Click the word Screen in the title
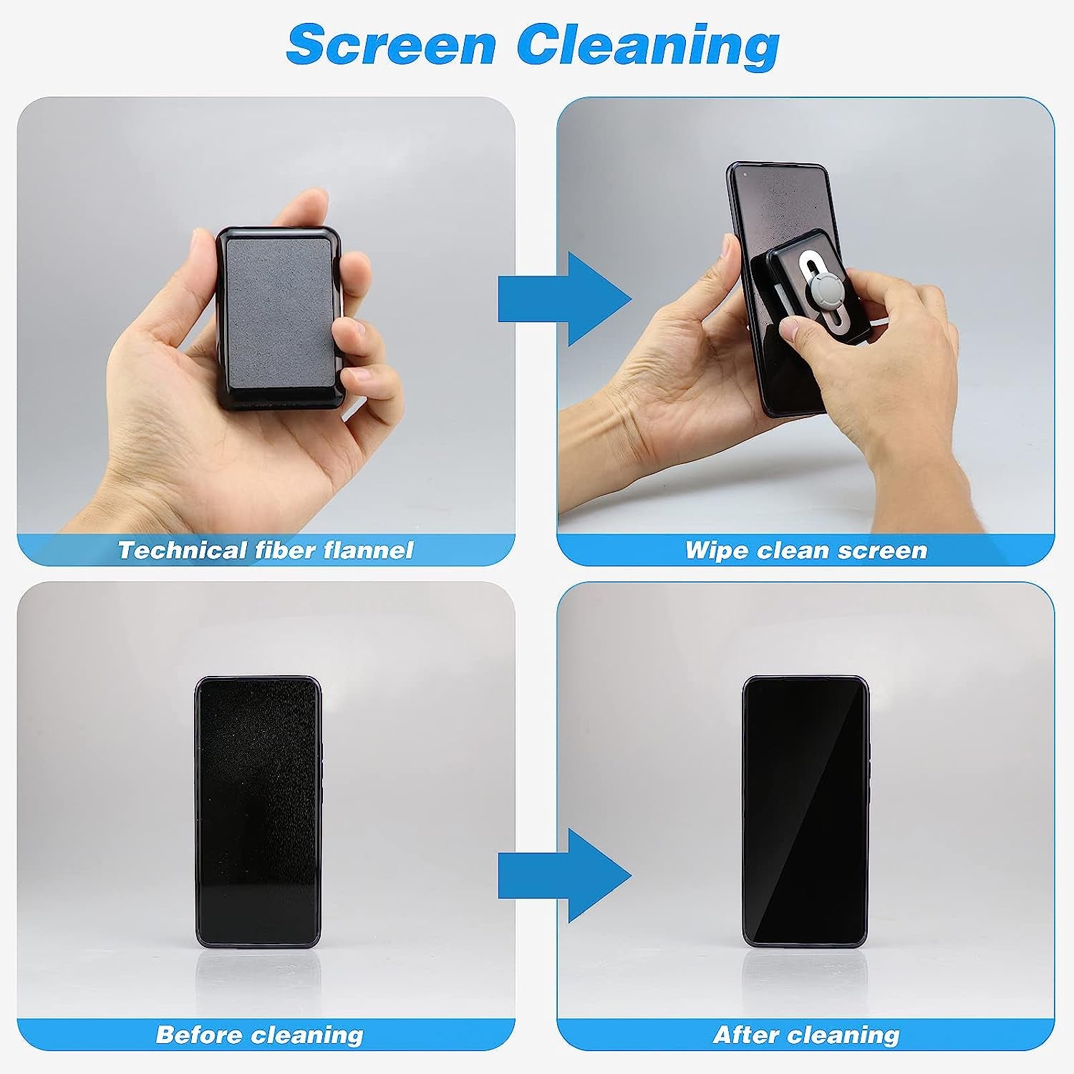point(391,44)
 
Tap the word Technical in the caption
point(182,550)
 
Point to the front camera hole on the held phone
point(745,173)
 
